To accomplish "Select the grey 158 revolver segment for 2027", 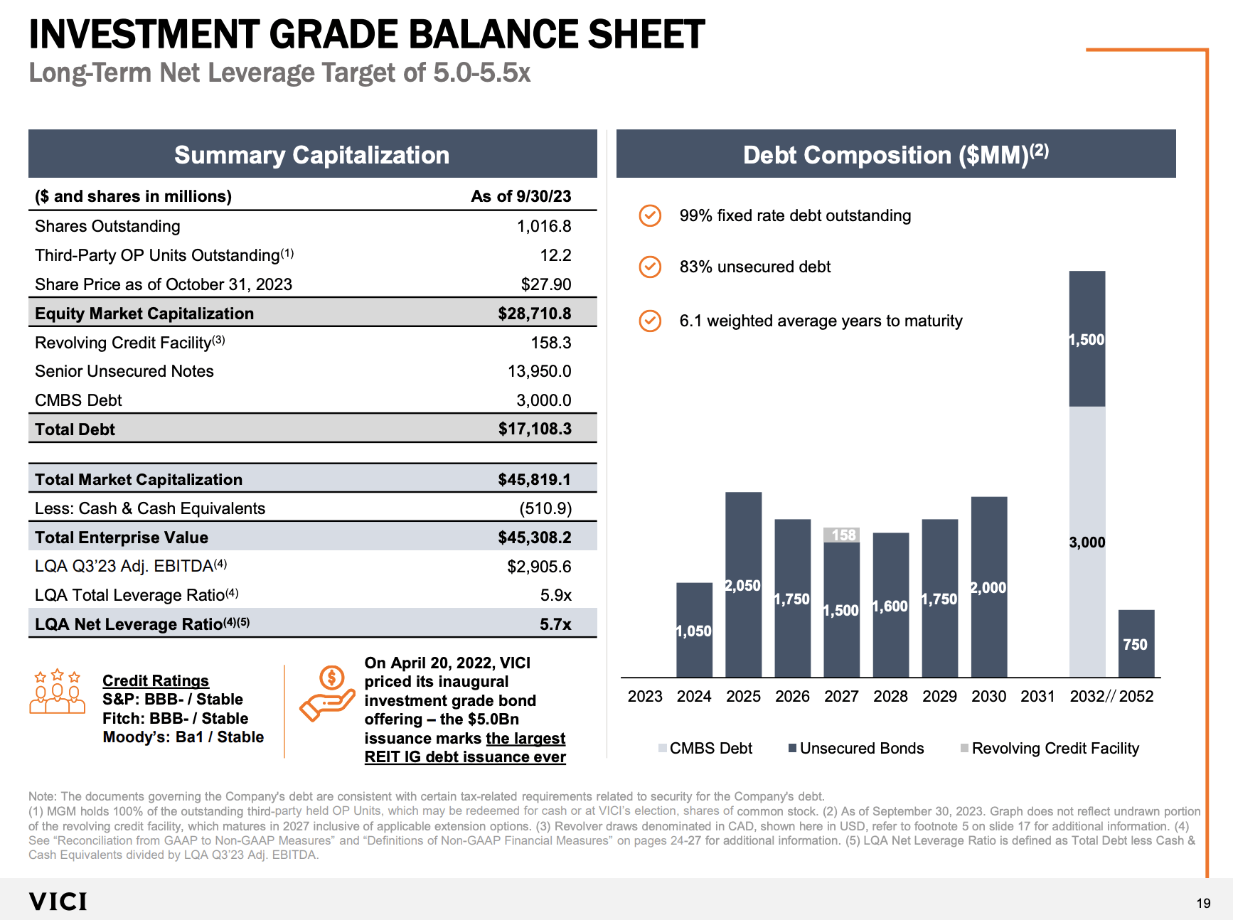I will (x=841, y=535).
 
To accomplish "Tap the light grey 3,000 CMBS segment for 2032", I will (x=1087, y=541).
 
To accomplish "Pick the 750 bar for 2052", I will (x=1136, y=643).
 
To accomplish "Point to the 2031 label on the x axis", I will (x=1037, y=696).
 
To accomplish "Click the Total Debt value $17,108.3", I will (x=535, y=429).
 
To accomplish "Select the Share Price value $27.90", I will (x=545, y=284).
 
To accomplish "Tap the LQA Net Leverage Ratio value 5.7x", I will (x=555, y=624).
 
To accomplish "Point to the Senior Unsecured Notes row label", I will (x=124, y=371).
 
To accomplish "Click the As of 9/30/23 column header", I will (x=521, y=196).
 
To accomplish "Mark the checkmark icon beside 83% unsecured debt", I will (x=650, y=267).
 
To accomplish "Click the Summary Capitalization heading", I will (x=311, y=155).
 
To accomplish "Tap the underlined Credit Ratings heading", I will (x=156, y=680).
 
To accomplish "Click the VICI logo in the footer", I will (x=58, y=902).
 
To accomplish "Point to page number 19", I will (x=1203, y=903).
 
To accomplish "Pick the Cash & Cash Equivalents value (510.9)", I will (x=545, y=508).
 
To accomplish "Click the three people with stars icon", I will (x=58, y=691).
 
